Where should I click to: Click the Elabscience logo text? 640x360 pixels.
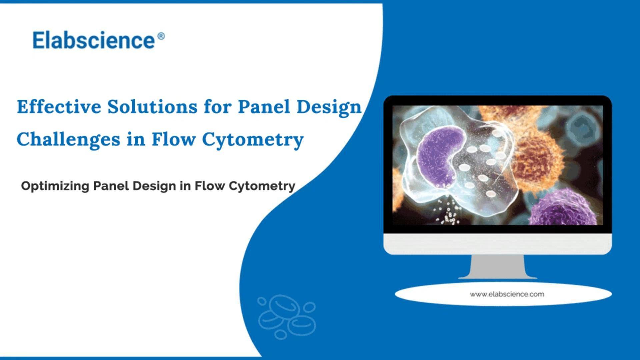click(x=94, y=40)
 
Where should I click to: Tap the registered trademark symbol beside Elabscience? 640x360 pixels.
click(x=161, y=36)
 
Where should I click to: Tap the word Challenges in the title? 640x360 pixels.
click(x=68, y=139)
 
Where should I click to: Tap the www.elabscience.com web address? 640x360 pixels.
click(x=507, y=294)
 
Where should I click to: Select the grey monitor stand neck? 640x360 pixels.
click(x=497, y=267)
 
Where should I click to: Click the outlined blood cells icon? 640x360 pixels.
click(x=287, y=317)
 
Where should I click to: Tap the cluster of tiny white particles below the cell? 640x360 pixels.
click(x=448, y=213)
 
